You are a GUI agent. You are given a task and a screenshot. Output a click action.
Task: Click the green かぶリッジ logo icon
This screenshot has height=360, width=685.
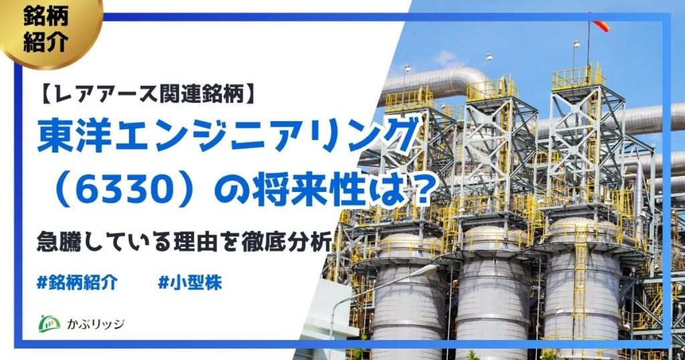tap(51, 323)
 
